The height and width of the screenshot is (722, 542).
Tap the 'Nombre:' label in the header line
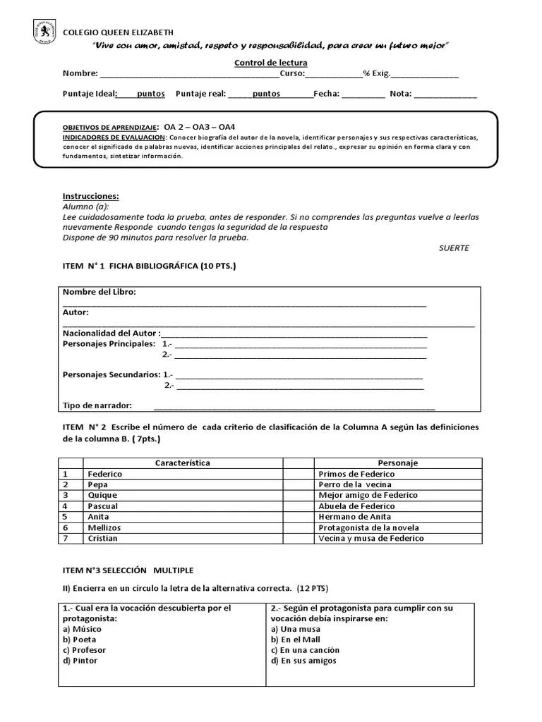80,73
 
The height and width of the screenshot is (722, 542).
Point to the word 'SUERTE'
453,248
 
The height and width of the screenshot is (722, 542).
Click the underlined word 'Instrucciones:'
91,196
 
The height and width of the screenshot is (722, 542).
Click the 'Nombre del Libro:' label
100,292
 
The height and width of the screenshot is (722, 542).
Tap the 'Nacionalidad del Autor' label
110,333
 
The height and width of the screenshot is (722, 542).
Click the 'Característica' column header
182,463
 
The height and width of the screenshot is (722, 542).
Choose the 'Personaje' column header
397,463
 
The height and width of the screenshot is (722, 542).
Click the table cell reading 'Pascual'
103,506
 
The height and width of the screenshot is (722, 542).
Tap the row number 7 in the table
65,538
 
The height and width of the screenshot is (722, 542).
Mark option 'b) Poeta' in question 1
80,640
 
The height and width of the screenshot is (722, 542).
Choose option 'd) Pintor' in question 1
80,661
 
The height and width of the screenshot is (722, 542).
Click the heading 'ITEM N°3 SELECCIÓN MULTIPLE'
128,570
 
